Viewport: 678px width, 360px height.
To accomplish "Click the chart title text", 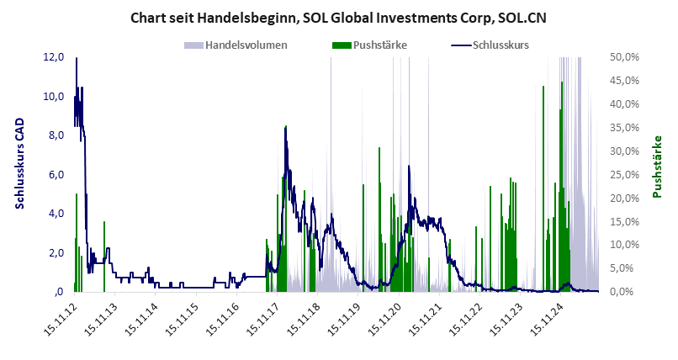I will click(338, 17).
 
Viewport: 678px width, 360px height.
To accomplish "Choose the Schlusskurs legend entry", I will click(501, 45).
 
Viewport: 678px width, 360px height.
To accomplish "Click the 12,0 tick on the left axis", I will click(54, 57).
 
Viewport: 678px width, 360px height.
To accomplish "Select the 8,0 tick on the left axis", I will click(54, 135).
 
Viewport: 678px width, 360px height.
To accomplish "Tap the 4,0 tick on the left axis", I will click(54, 214).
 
